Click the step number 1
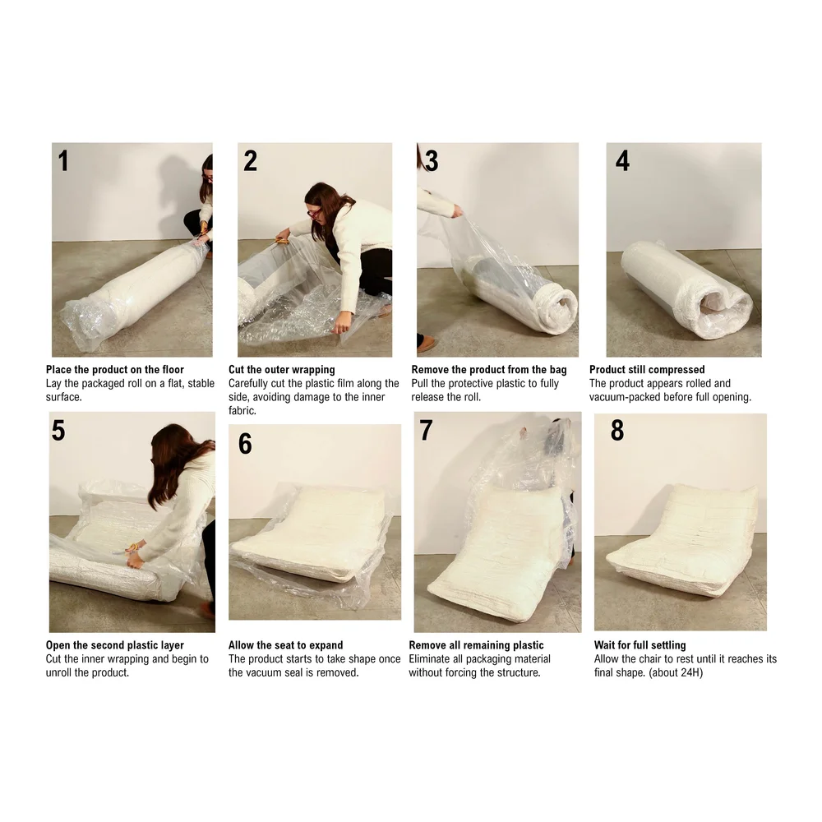(63, 161)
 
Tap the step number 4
(622, 160)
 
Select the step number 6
(245, 444)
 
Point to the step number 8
(617, 430)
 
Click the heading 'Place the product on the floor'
(115, 370)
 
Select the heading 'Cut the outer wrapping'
(281, 370)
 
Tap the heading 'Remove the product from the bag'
(488, 370)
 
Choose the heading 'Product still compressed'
(647, 370)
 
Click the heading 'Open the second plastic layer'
(115, 645)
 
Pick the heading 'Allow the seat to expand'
(286, 645)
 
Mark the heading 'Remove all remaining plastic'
(476, 645)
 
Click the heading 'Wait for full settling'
(640, 645)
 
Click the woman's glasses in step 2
(314, 213)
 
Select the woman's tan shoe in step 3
(427, 344)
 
